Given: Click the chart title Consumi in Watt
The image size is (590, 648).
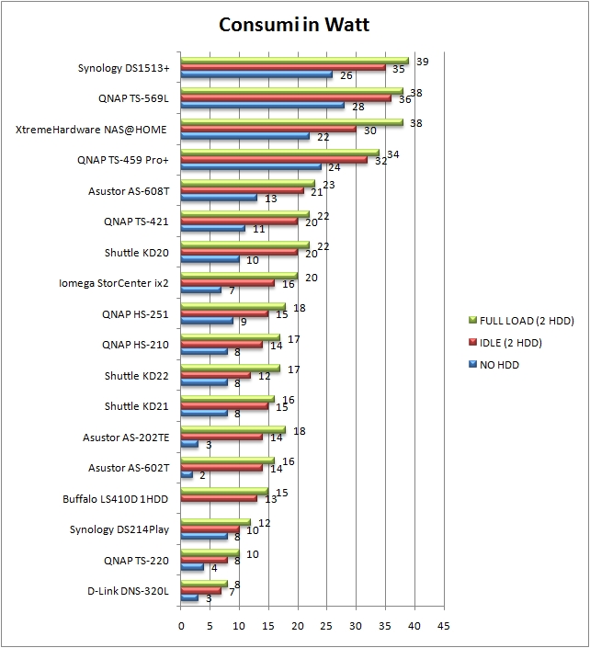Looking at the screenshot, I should tap(294, 24).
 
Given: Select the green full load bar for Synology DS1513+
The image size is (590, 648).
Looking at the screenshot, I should tap(294, 61).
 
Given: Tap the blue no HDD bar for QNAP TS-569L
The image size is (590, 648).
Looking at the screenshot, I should tap(263, 105).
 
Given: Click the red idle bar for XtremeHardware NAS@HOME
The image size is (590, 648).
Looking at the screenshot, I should tap(268, 129).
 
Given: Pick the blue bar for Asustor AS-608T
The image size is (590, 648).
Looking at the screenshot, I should tap(219, 198).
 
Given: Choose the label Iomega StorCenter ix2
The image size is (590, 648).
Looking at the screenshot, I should tap(118, 282).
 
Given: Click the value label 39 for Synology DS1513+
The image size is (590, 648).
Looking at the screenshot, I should tap(423, 62).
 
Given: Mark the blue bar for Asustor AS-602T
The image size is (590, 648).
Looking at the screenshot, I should tap(187, 475).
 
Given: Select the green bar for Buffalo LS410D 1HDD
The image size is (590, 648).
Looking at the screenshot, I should tap(224, 493).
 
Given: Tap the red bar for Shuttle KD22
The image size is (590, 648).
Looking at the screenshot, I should tap(216, 376).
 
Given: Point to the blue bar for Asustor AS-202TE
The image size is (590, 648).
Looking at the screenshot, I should tap(189, 444).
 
